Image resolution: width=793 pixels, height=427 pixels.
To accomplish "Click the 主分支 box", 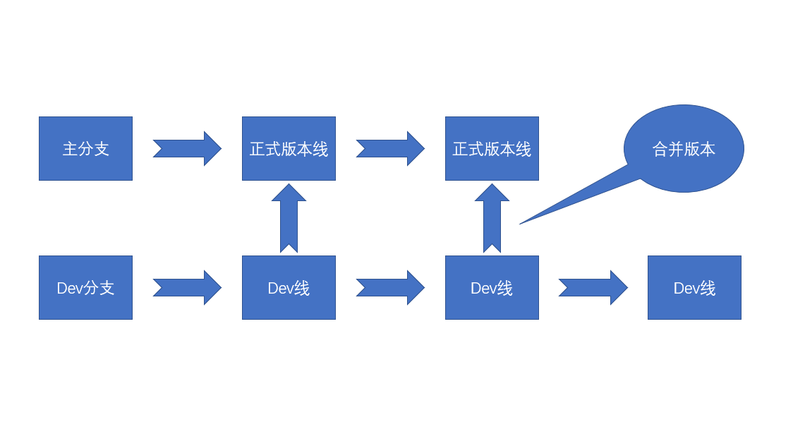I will pos(85,148).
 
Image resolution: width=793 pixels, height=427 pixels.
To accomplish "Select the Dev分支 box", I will pos(85,287).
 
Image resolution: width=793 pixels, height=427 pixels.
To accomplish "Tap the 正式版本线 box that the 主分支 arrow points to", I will pos(289,148).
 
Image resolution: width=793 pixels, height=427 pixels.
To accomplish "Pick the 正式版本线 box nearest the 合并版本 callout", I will pos(492,148).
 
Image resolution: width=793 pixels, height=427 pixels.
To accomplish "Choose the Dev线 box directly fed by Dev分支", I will pos(289,287).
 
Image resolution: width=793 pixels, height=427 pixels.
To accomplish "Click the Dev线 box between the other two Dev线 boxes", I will pos(492,287).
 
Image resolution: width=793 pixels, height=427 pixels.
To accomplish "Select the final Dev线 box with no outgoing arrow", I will pos(694,287).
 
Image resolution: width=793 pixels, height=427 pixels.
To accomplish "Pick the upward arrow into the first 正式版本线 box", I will pos(289,218).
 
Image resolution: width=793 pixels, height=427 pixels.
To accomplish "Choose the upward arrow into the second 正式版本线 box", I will pos(492,218).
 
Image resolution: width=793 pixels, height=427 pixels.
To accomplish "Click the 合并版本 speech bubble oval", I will pos(684,148).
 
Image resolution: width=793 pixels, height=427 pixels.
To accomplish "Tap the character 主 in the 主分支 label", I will pos(70,149).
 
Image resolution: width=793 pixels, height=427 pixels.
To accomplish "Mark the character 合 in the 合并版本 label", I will pos(660,149).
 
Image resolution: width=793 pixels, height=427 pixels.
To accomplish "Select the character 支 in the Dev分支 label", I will pos(106,288).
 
